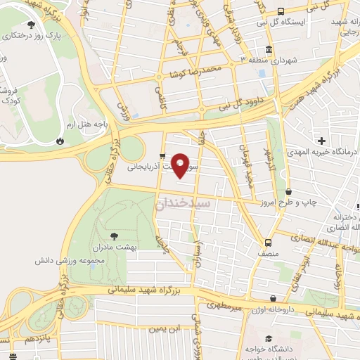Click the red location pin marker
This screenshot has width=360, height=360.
181,165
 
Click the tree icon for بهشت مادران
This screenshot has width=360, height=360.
115,236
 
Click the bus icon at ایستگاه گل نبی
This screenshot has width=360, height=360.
281,11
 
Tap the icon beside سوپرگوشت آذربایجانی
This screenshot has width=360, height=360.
162,156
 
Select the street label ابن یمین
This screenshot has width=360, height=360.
165,328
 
